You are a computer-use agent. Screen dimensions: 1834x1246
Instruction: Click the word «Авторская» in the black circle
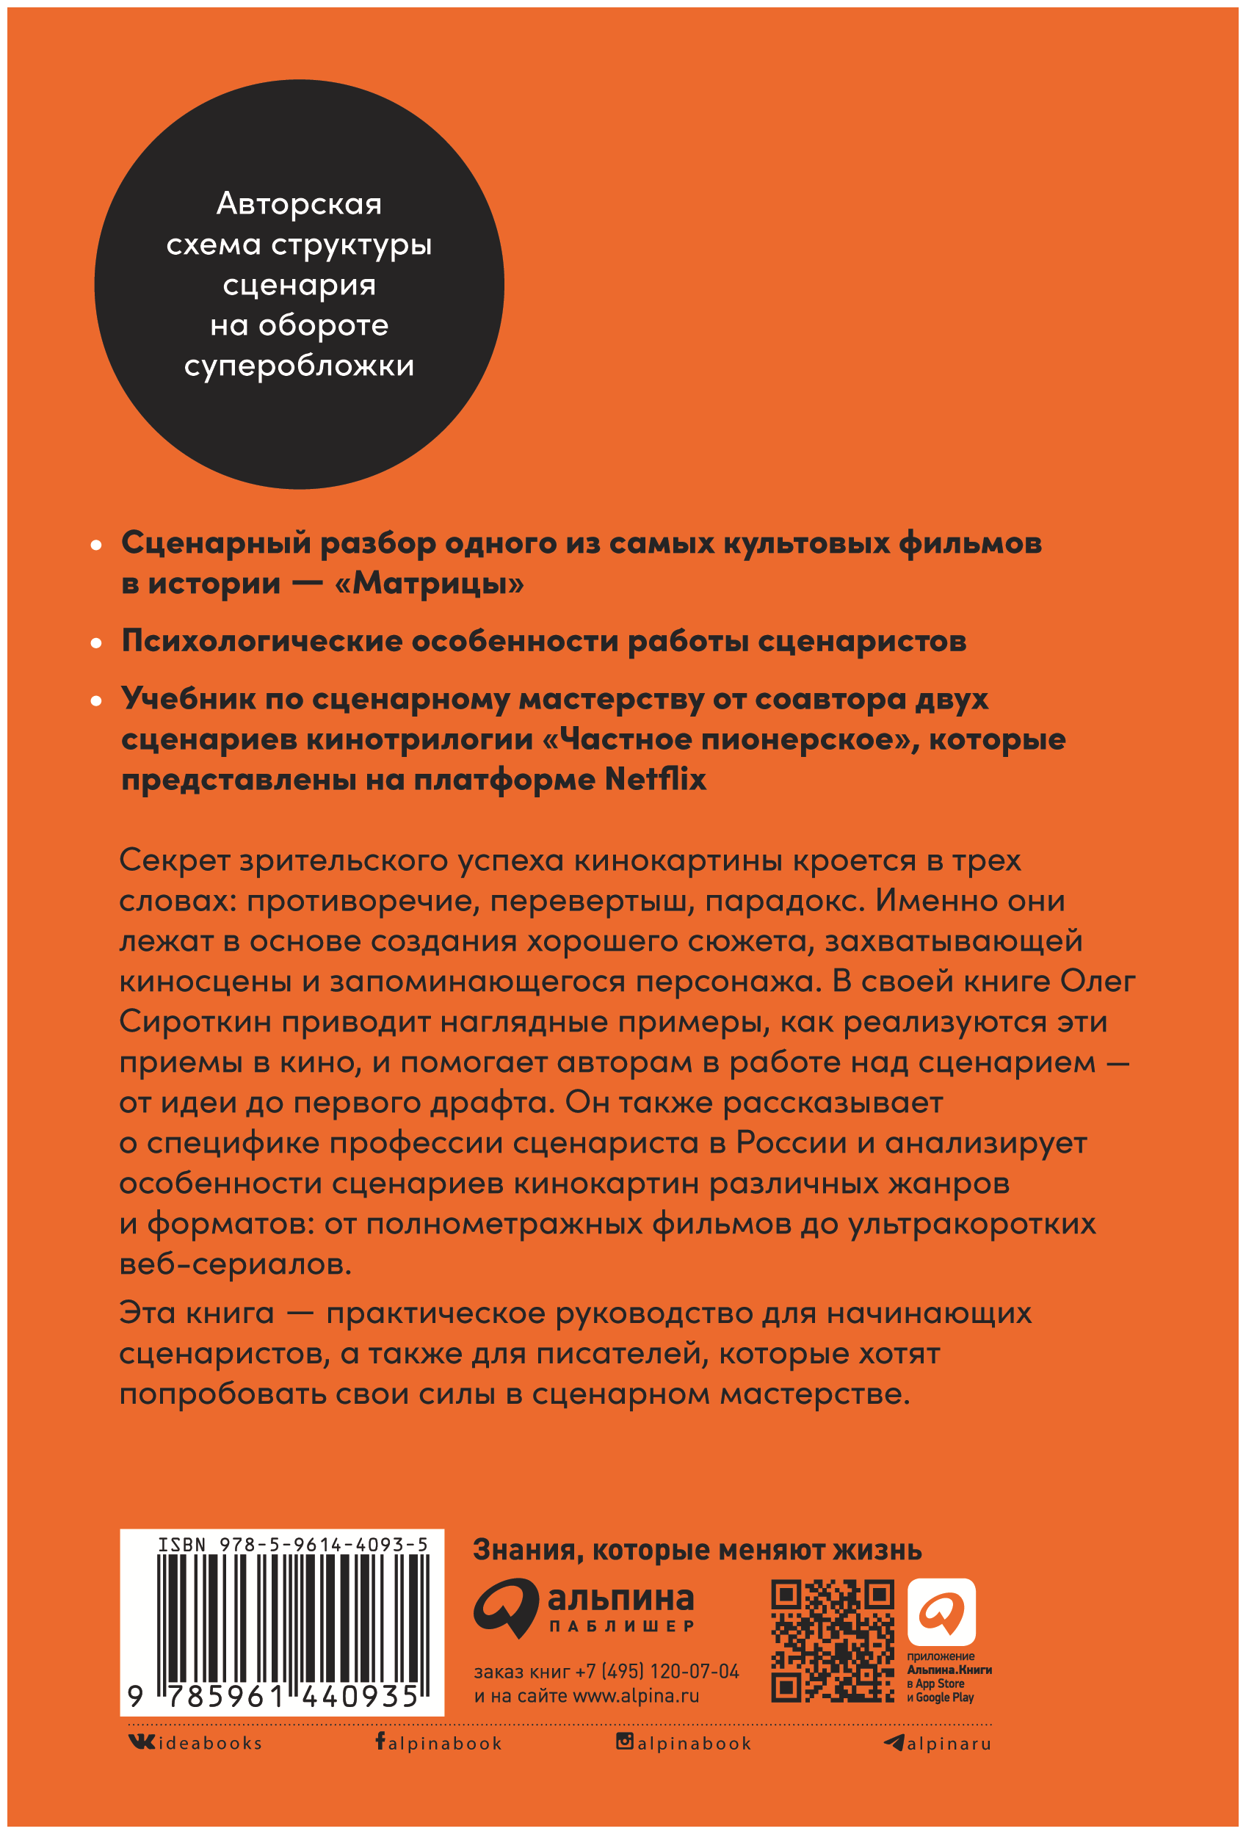299,204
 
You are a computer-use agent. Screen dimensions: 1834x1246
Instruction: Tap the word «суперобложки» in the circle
299,366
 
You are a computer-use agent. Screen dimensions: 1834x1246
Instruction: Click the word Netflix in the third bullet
655,780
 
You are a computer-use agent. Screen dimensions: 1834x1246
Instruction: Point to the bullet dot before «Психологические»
96,643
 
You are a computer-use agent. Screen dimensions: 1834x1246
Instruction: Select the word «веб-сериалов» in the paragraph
235,1264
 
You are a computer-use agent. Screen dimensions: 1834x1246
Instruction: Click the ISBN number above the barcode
293,1545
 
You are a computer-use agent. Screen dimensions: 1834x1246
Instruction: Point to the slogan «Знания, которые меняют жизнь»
697,1551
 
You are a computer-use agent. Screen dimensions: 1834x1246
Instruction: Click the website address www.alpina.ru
635,1696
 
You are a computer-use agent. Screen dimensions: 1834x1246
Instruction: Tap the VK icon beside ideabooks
142,1741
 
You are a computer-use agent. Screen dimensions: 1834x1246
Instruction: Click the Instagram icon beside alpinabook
624,1741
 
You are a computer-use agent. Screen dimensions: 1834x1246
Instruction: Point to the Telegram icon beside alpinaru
894,1742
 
